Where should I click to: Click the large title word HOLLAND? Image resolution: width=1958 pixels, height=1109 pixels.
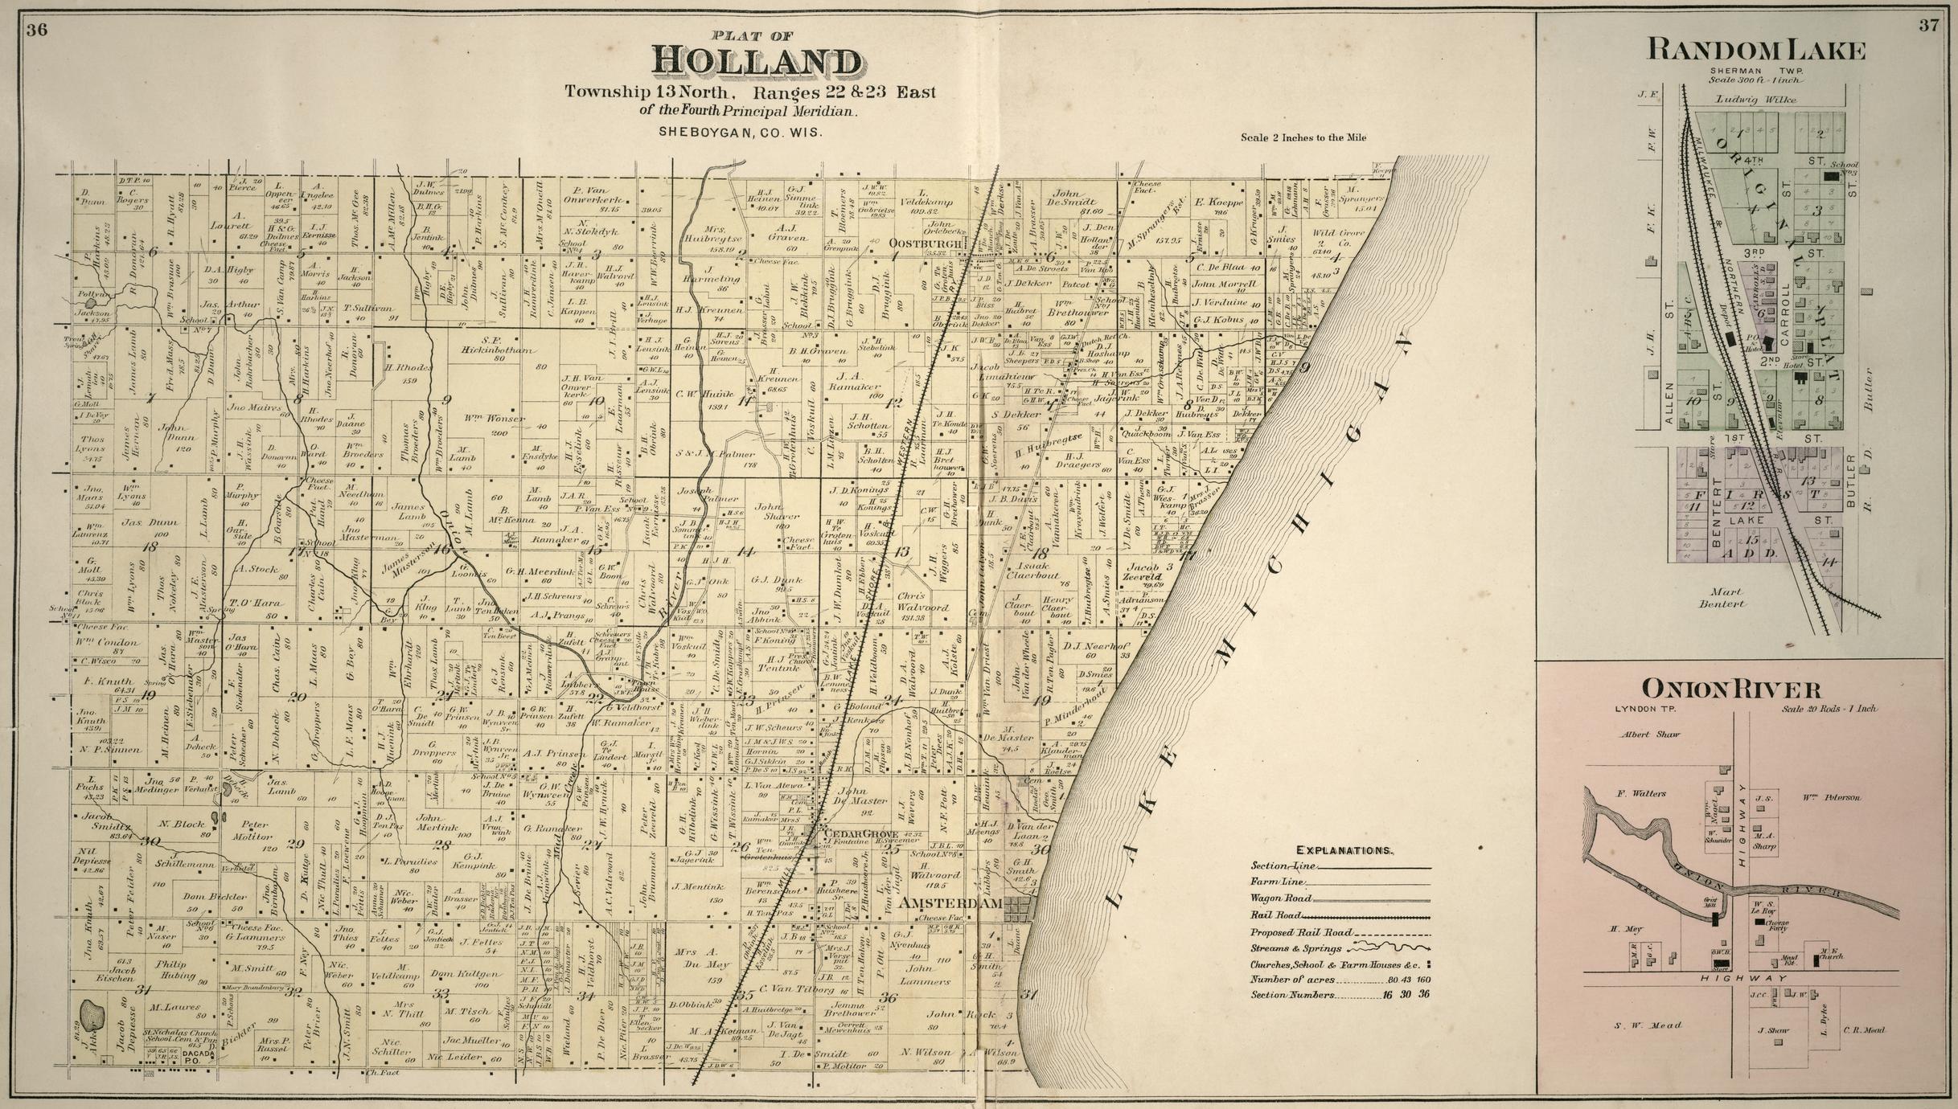tap(755, 61)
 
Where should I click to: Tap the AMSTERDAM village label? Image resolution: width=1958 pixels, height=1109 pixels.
tap(950, 903)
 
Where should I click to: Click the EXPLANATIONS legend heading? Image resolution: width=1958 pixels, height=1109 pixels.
tap(1344, 849)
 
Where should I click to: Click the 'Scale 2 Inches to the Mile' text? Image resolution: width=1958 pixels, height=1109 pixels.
tap(1303, 137)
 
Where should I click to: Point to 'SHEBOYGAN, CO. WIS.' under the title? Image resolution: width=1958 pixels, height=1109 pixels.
tap(740, 132)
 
